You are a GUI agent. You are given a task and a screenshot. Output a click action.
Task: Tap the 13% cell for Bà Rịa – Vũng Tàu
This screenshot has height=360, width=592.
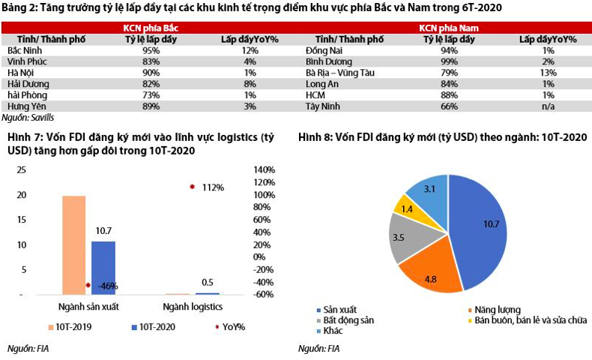tap(547, 73)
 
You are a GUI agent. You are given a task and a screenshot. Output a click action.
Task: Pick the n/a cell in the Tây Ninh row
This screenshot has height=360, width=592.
tap(547, 106)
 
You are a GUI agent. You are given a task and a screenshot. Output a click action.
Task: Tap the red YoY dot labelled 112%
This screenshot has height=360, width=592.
tap(192, 186)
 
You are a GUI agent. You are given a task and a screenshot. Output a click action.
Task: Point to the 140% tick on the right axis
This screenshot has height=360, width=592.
tap(265, 170)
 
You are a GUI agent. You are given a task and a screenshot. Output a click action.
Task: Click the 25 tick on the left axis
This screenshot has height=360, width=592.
tap(21, 170)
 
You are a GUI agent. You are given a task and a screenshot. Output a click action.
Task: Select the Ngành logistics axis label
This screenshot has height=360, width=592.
tap(192, 307)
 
